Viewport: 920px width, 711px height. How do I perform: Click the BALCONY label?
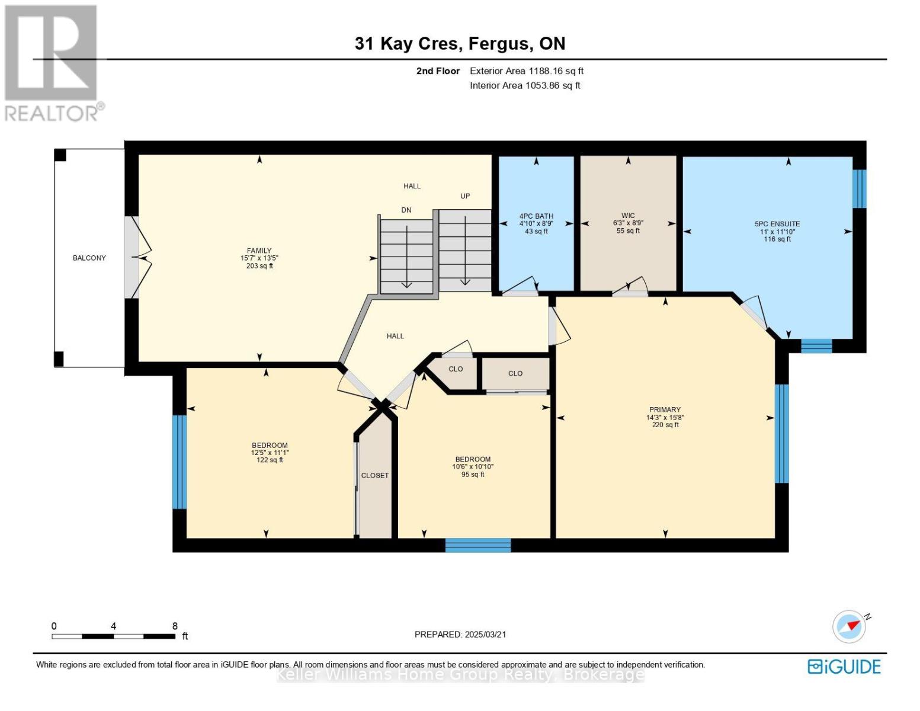pos(89,258)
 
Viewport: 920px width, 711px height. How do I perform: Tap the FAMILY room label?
pos(259,251)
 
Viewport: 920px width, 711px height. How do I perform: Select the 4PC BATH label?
pos(536,216)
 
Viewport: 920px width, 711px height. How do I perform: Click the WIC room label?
pos(628,216)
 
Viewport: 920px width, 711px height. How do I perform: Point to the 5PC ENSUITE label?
pos(777,224)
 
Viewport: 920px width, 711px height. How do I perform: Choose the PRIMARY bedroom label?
pos(665,409)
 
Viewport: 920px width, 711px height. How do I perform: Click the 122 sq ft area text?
pos(270,460)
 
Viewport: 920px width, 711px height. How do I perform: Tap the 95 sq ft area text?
pos(473,474)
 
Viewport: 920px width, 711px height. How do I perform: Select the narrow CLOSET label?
pos(374,476)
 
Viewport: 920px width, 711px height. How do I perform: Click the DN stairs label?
pos(406,210)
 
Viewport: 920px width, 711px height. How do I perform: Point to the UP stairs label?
pos(465,196)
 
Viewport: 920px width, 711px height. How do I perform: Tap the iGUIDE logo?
pos(844,667)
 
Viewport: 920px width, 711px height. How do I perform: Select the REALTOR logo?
pos(53,63)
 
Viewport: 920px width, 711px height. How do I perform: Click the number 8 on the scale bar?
pos(175,626)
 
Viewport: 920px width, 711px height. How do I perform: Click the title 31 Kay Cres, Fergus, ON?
pos(460,44)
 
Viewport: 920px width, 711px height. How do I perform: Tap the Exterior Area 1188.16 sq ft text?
pos(527,71)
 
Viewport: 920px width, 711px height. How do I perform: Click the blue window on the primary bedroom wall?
pos(781,434)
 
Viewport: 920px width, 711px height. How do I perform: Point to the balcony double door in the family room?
pos(137,258)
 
